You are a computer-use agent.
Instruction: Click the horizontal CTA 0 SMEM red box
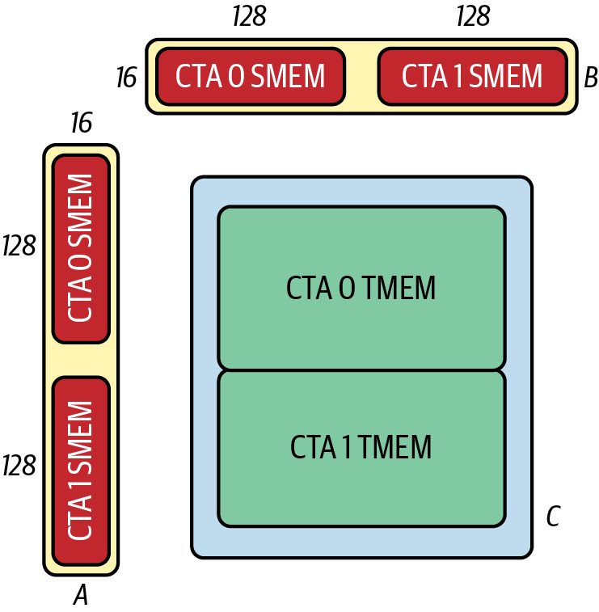(251, 76)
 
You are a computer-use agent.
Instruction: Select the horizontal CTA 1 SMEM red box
(472, 76)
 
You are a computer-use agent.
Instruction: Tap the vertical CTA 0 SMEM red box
(81, 249)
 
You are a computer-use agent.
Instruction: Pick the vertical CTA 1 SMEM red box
(81, 471)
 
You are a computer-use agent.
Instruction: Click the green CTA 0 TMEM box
(361, 287)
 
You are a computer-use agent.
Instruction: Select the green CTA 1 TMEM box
(361, 449)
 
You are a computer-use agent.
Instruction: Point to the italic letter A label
(81, 595)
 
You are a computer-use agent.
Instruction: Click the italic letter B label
(590, 78)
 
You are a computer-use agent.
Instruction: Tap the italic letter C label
(554, 517)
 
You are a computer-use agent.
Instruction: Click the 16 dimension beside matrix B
(127, 77)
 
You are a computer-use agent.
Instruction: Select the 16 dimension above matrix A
(82, 123)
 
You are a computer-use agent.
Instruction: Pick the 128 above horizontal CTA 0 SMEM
(249, 16)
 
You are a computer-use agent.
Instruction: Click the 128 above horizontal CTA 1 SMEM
(473, 16)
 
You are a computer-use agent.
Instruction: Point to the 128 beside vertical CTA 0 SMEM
(19, 246)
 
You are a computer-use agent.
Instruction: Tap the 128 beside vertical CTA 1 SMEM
(19, 465)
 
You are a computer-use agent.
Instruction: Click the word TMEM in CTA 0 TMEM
(400, 288)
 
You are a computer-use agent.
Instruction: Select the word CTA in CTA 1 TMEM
(313, 447)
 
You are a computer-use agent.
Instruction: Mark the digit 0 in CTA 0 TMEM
(348, 288)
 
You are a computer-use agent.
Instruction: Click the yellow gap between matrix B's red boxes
(361, 76)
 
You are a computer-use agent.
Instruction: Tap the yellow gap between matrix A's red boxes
(81, 361)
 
